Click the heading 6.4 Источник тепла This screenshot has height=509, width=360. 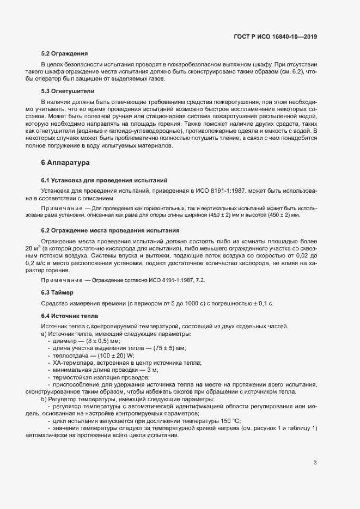click(x=69, y=316)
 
